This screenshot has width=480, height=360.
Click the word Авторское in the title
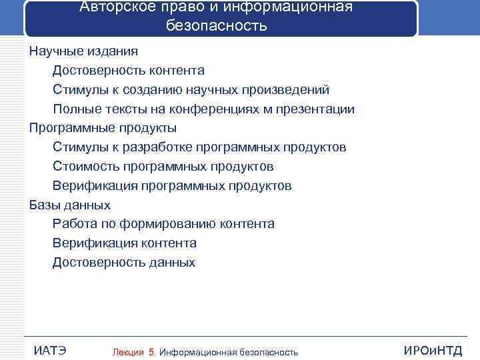[x=111, y=7]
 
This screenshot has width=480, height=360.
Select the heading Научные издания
[x=83, y=51]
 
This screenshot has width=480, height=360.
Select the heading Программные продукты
[x=103, y=128]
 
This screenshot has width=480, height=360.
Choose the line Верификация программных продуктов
[x=171, y=186]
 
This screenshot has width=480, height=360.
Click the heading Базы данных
[x=69, y=205]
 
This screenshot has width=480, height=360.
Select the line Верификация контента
[x=124, y=243]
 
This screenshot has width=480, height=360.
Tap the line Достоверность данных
[x=123, y=263]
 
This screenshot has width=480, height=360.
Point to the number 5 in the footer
[x=153, y=352]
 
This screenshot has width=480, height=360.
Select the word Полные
[x=73, y=109]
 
